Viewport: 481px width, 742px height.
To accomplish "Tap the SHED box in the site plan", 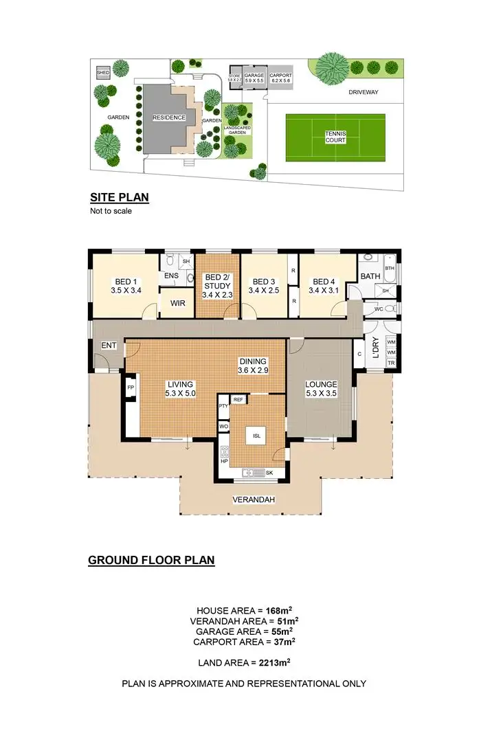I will click(x=103, y=72).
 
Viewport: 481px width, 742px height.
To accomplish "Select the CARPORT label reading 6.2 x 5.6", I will click(x=281, y=78).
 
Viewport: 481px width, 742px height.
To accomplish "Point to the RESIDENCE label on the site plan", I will click(x=169, y=117).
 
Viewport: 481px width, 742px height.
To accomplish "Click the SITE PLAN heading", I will click(x=120, y=198).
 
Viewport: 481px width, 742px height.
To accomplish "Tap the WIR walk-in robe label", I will click(x=177, y=304).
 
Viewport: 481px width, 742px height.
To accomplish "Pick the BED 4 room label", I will click(x=323, y=286).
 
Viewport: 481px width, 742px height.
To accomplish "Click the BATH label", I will click(x=370, y=277).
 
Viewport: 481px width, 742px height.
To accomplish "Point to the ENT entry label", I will click(x=109, y=345).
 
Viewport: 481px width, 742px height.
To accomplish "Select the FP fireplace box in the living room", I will click(x=131, y=387).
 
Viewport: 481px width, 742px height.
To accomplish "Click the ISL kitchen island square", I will click(x=257, y=435).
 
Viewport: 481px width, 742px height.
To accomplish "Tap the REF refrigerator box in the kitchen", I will click(x=238, y=399).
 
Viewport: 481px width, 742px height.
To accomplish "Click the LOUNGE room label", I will click(x=321, y=389).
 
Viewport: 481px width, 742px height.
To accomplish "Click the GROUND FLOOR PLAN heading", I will click(x=151, y=561).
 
